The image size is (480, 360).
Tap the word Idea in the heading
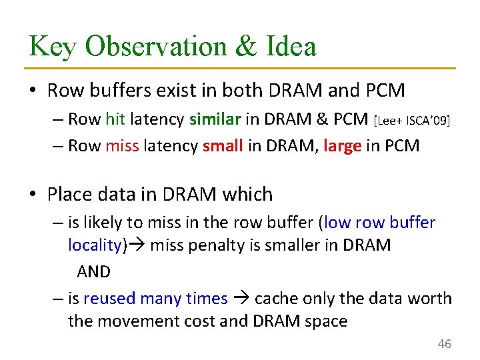tap(291, 47)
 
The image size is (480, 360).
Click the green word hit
tap(115, 119)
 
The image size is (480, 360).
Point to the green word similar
tap(215, 119)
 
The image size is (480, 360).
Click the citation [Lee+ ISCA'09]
tap(411, 121)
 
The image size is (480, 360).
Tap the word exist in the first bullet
tap(168, 89)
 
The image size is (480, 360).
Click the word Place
tap(71, 195)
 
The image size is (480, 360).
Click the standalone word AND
tap(94, 271)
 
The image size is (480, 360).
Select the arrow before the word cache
tap(241, 299)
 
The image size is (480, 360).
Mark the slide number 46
tap(444, 344)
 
